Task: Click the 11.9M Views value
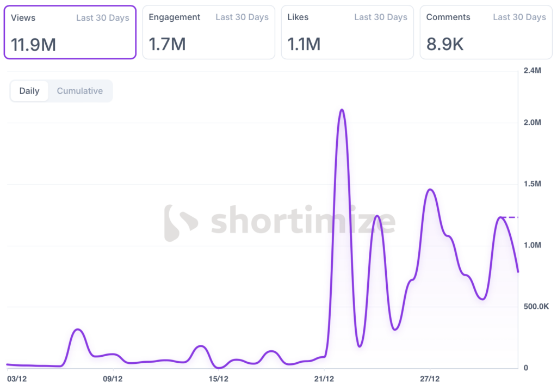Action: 34,44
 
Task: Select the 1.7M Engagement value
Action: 168,44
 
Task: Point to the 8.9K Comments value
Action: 445,44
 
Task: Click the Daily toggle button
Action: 29,91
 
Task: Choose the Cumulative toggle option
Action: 80,91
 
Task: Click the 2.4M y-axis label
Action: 532,71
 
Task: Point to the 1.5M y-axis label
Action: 532,184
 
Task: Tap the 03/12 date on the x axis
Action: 16,377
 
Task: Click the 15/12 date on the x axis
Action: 219,377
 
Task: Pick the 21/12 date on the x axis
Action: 324,377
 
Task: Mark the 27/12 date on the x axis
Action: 430,377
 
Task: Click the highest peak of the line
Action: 342,110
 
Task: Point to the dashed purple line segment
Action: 510,217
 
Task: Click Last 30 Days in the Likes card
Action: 381,17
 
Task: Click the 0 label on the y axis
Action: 525,368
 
